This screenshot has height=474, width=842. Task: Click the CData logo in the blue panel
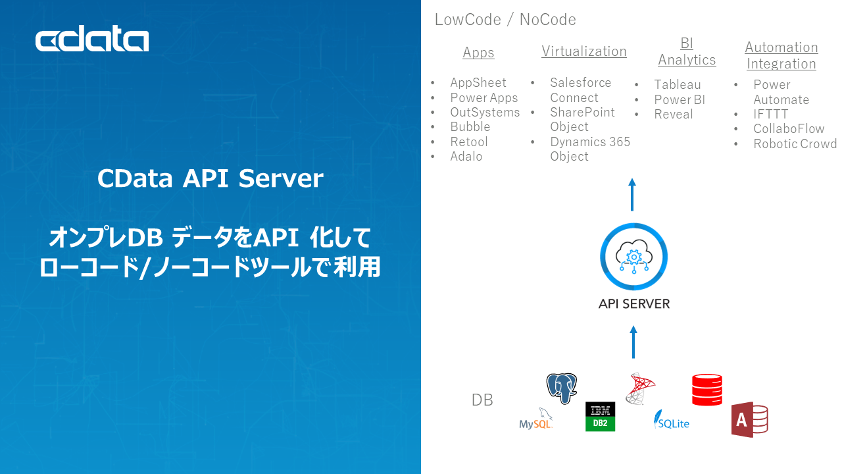tap(92, 41)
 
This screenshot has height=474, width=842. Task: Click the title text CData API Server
tap(210, 179)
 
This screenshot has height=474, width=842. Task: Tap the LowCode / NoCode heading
tap(505, 20)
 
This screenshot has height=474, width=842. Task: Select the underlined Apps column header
tap(478, 53)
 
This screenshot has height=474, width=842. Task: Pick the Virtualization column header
tap(583, 51)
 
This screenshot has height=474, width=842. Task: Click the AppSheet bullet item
tap(478, 83)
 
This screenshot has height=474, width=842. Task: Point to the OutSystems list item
tap(484, 113)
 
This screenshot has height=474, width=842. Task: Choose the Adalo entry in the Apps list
tap(466, 157)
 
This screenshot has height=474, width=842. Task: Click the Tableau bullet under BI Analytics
tap(677, 85)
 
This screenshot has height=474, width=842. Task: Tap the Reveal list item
tap(673, 115)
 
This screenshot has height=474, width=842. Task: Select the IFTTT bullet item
tap(770, 115)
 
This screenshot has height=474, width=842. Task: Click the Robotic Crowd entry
tap(795, 144)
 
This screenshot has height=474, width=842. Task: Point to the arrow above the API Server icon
tap(632, 194)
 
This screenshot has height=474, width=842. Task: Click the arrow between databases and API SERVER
tap(633, 342)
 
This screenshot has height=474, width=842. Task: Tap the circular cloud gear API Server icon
tap(633, 257)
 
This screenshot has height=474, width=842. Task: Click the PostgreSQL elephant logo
tap(561, 388)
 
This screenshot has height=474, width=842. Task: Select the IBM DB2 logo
tap(600, 417)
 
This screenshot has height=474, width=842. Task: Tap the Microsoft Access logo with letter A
tap(749, 419)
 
